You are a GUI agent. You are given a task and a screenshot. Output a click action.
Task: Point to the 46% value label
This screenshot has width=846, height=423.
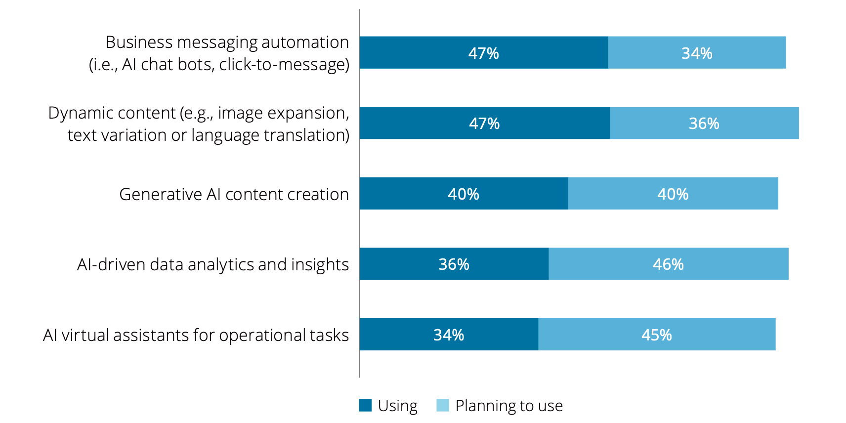[668, 264]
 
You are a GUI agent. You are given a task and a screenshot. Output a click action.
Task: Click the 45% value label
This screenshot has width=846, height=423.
[656, 335]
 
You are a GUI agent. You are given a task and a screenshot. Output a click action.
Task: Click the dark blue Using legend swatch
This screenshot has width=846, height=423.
[365, 405]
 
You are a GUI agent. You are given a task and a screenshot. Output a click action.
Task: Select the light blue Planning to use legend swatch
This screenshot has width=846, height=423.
[443, 405]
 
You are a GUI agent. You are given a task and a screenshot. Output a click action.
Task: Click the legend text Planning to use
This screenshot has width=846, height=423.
[509, 406]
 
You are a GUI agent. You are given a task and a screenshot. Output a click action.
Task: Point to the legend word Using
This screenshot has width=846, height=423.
[398, 406]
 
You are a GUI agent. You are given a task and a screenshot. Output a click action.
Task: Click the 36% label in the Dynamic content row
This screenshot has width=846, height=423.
[704, 124]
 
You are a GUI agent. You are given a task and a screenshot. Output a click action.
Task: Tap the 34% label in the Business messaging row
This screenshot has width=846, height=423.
[697, 53]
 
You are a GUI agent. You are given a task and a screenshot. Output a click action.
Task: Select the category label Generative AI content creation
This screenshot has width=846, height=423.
[234, 194]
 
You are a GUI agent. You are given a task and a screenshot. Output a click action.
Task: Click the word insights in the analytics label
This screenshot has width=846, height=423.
[320, 265]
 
